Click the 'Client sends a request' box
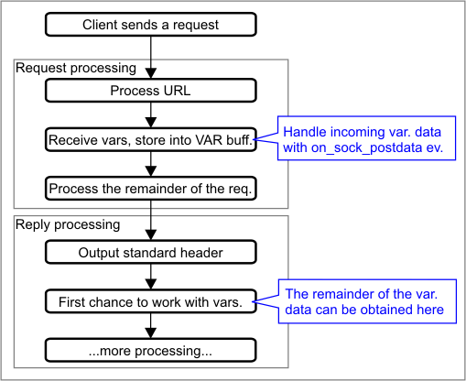point(151,25)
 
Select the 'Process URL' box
point(151,91)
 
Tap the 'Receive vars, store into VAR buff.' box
point(151,140)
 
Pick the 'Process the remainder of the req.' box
point(151,189)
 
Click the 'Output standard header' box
point(151,253)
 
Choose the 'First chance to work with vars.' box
point(151,301)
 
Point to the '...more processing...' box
point(151,351)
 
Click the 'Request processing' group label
point(76,68)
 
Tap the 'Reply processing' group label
point(68,224)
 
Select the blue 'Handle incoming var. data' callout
point(366,138)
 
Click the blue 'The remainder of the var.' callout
point(367,301)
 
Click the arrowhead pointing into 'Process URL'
point(151,73)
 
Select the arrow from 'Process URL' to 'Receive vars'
point(151,115)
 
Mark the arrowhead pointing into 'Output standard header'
point(151,235)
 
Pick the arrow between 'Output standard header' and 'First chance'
point(151,277)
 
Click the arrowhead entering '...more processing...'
point(151,333)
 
